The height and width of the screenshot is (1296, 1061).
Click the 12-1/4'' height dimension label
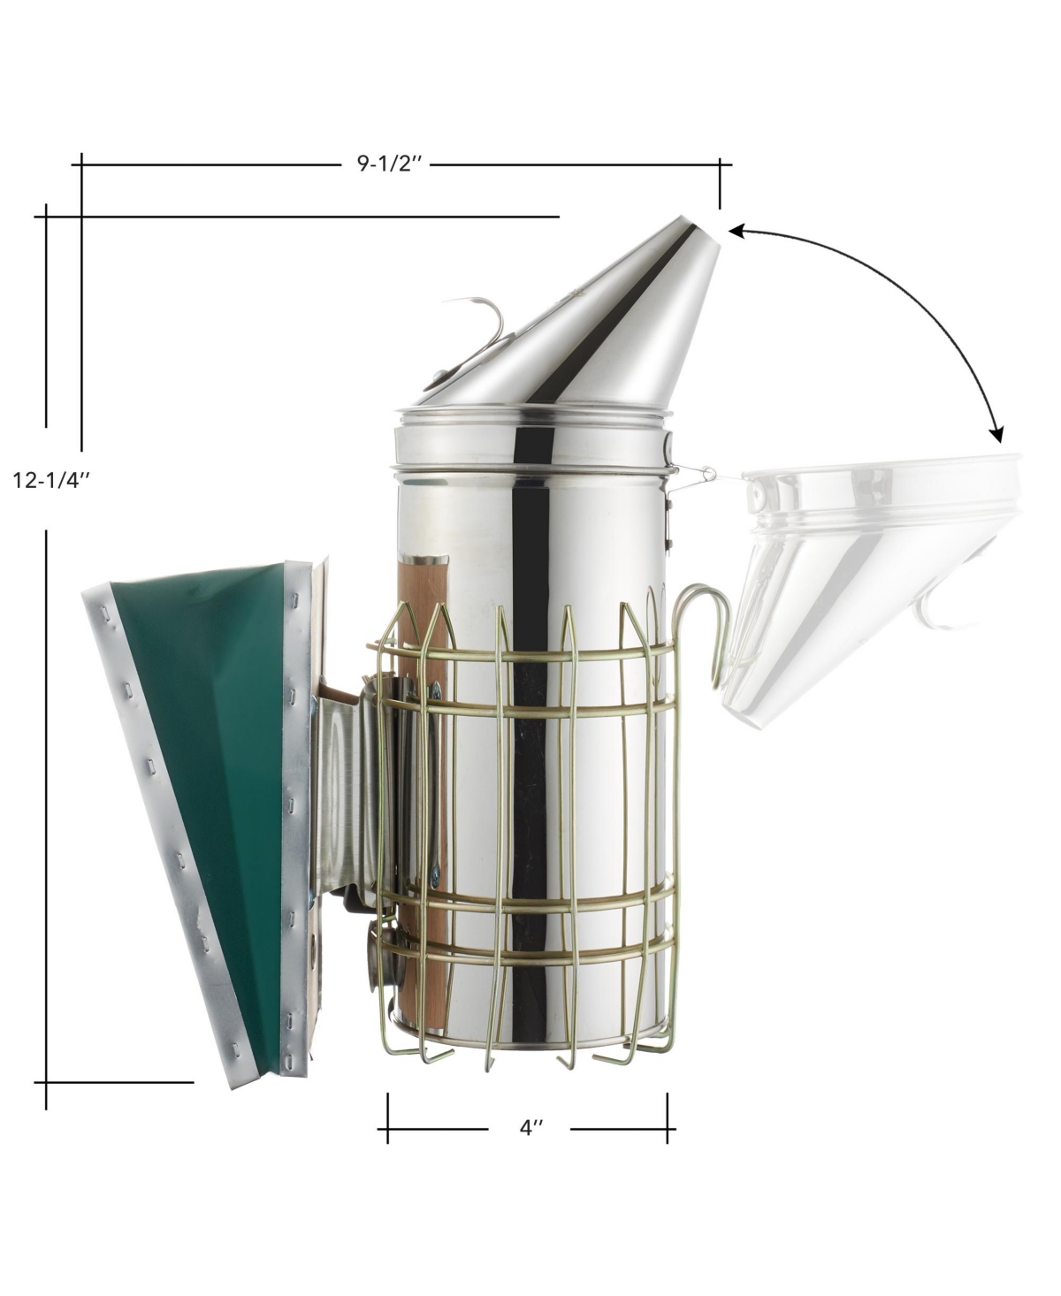click(52, 480)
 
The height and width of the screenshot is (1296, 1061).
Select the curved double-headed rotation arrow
click(911, 292)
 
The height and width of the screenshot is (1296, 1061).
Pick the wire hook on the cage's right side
click(707, 619)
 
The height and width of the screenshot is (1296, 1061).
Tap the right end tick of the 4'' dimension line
click(668, 1117)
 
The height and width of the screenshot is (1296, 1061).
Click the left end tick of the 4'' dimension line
click(387, 1117)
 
